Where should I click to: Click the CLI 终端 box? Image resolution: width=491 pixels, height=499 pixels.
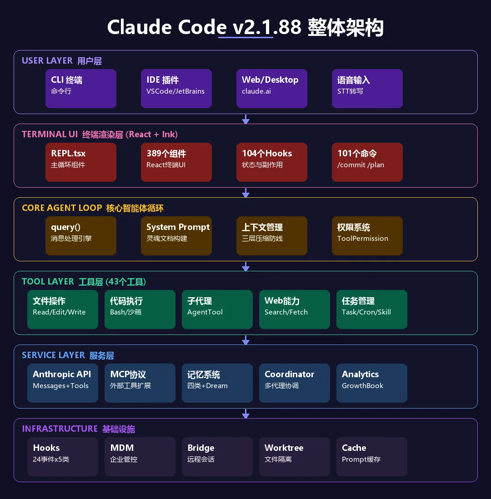coord(81,89)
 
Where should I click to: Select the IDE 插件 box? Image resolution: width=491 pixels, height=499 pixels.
coord(176,89)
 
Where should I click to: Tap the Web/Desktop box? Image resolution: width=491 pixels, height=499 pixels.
coord(272,89)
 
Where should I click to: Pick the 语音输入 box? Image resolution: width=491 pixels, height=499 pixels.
coord(367,89)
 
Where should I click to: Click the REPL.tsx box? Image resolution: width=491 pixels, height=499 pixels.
coord(81,162)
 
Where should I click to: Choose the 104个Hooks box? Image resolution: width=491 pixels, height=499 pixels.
coord(272,162)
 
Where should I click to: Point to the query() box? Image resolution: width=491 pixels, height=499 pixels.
coord(81,236)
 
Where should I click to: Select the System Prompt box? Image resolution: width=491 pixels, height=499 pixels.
coord(176,236)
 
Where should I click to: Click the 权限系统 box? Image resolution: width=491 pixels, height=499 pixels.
coord(367,236)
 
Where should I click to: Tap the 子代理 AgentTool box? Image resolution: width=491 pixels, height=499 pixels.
coord(217,309)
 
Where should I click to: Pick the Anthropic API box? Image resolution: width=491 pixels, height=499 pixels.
coord(63,383)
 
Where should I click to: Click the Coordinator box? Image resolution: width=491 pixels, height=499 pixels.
coord(295,383)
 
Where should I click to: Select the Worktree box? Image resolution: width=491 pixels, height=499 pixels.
coord(295,457)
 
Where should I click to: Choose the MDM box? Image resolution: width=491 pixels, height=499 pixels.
coord(140,457)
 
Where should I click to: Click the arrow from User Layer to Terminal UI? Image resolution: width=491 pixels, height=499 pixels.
coord(246,119)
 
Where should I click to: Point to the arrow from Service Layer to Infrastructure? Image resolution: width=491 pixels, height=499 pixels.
coord(246,414)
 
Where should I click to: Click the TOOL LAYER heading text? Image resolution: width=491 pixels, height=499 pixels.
coord(48,282)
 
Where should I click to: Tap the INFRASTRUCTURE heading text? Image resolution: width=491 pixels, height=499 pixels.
coord(60,429)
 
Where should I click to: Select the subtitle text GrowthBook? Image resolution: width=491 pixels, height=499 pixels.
coord(362,386)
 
